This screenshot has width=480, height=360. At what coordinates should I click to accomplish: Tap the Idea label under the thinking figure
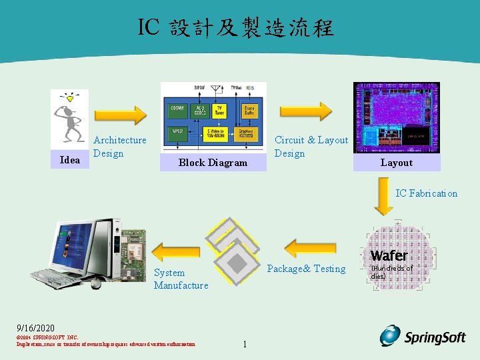[69, 160]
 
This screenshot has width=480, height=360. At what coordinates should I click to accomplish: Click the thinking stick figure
[69, 116]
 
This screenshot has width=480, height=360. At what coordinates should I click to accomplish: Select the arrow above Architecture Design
[120, 115]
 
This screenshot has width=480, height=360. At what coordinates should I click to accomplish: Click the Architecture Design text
[119, 147]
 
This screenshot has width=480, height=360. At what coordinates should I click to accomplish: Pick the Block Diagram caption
[213, 163]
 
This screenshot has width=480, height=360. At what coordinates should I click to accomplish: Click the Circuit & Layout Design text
[311, 147]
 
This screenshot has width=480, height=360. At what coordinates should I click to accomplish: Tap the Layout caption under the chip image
[397, 163]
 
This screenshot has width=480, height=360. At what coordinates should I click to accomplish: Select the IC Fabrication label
[427, 193]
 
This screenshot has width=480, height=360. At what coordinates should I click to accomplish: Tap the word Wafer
[389, 255]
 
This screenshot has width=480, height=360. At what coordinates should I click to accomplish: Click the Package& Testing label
[306, 269]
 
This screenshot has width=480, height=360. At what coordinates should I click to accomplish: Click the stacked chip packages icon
[233, 250]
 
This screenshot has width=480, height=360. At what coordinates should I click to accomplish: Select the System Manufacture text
[181, 279]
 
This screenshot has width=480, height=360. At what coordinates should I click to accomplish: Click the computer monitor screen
[79, 243]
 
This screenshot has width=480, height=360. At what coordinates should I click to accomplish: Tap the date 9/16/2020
[36, 328]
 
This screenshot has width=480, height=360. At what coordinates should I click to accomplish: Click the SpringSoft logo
[423, 337]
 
